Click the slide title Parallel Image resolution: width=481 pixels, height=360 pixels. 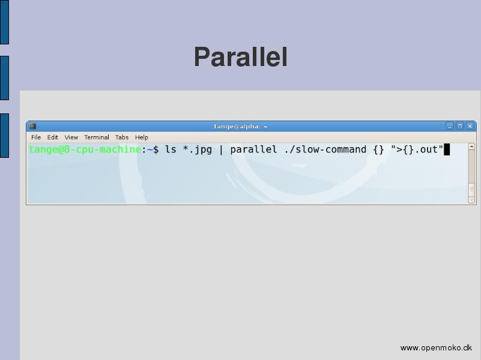click(x=241, y=57)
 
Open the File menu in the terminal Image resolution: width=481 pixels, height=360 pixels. click(x=36, y=137)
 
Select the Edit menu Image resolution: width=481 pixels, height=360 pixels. click(x=52, y=137)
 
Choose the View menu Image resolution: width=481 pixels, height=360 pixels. click(x=71, y=137)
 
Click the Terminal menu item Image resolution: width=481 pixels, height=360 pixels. click(x=97, y=137)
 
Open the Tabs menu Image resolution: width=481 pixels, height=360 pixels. click(x=122, y=137)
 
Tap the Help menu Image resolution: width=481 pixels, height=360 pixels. click(x=141, y=137)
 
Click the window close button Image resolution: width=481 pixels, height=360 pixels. click(x=470, y=126)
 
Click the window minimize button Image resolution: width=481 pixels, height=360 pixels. click(x=450, y=126)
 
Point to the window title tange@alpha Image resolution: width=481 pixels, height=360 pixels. click(x=240, y=126)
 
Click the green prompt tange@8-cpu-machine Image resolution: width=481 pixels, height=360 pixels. click(x=85, y=149)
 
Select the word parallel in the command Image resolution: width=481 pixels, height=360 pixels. click(x=253, y=149)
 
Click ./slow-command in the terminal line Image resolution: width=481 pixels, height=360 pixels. click(x=325, y=149)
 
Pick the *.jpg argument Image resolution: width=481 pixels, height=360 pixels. click(x=197, y=149)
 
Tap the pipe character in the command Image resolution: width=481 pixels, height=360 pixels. click(x=221, y=149)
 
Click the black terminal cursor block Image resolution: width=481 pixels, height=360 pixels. click(x=447, y=149)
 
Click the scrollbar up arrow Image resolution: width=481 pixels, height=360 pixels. click(x=471, y=147)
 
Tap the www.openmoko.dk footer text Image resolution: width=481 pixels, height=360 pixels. click(x=436, y=348)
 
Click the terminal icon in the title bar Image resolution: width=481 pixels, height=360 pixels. click(x=33, y=126)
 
